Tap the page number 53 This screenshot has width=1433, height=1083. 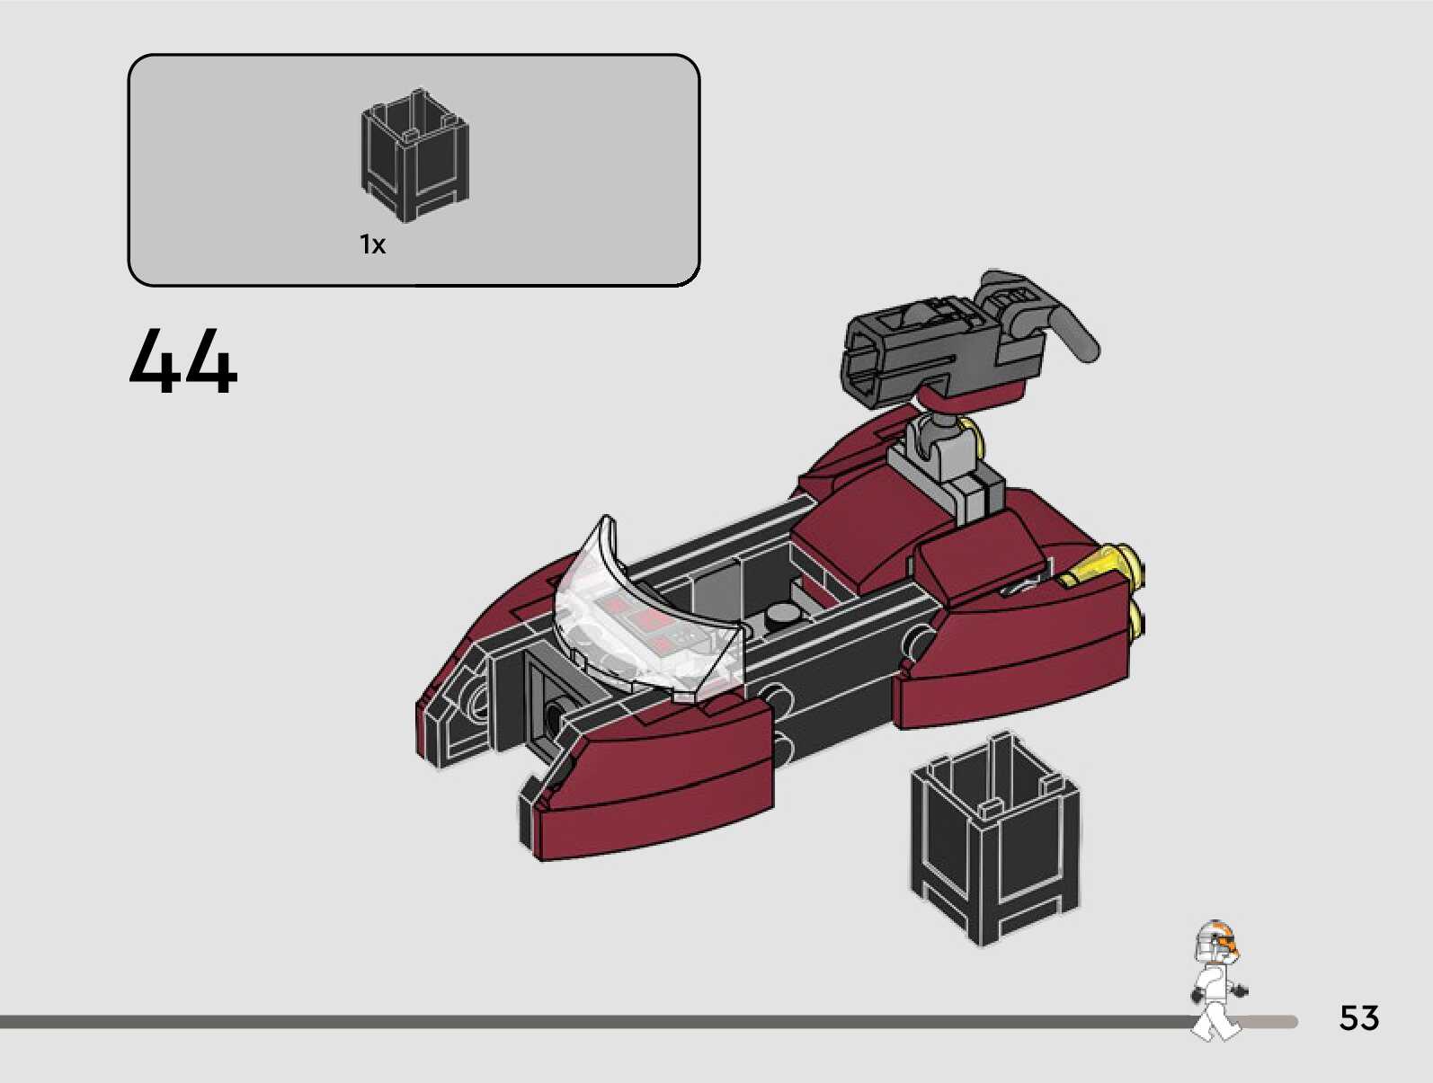pyautogui.click(x=1358, y=1017)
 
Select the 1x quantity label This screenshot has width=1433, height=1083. pyautogui.click(x=372, y=244)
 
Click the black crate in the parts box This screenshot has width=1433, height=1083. pyautogui.click(x=414, y=156)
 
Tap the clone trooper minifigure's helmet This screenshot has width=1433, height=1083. pyautogui.click(x=1215, y=945)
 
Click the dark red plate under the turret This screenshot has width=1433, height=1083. pyautogui.click(x=975, y=387)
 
